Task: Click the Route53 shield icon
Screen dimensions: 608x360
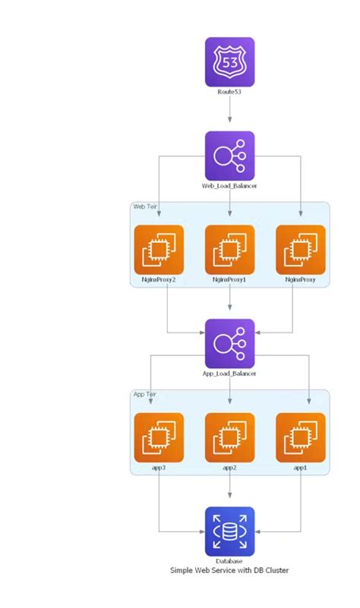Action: point(229,62)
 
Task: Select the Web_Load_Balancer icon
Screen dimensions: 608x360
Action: point(229,156)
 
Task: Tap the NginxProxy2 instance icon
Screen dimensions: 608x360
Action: point(158,249)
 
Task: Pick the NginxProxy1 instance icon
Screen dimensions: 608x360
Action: point(229,249)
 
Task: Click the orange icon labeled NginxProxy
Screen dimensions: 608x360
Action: point(301,249)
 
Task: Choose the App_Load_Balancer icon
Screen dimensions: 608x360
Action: point(229,343)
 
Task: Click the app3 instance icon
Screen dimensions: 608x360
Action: point(158,437)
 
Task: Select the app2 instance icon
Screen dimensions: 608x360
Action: point(229,437)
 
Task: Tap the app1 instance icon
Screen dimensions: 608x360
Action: point(301,437)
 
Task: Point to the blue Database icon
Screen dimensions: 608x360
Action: point(229,531)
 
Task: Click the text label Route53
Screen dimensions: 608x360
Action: point(229,93)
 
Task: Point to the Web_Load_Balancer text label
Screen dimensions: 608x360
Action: point(229,186)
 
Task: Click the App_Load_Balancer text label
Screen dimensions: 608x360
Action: point(229,373)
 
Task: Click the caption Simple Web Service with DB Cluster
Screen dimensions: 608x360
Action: point(229,570)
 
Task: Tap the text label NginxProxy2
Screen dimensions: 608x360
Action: point(158,280)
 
